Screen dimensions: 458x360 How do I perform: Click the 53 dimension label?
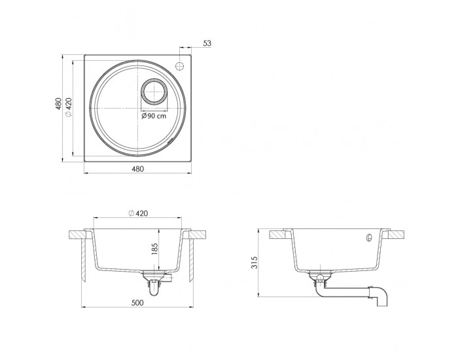[207, 43]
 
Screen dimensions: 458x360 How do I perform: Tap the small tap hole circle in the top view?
[179, 66]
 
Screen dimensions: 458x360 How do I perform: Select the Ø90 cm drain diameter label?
[154, 116]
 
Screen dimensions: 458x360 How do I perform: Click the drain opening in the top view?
[154, 92]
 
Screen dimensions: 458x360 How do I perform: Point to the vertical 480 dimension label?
[59, 103]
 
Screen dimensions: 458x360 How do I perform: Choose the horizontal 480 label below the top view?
[137, 169]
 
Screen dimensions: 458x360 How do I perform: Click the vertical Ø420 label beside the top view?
[68, 107]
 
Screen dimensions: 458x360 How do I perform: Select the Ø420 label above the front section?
[138, 213]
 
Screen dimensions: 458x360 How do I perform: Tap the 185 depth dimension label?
[155, 249]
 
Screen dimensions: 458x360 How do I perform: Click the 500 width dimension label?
[137, 302]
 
